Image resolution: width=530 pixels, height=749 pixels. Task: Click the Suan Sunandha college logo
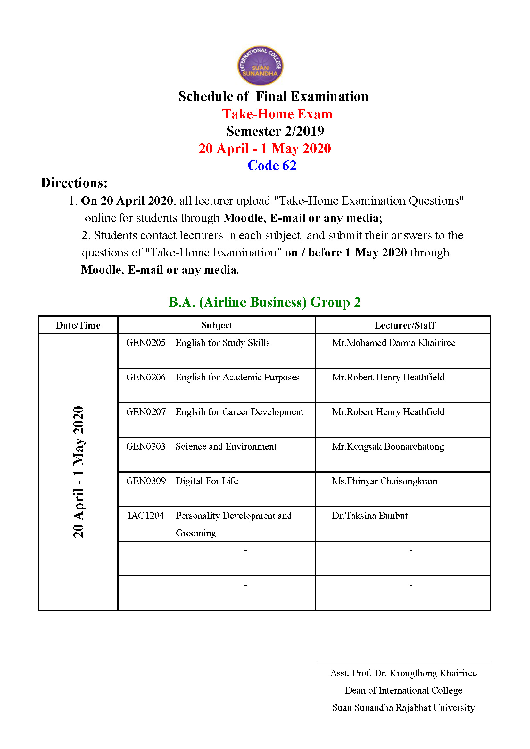pyautogui.click(x=260, y=65)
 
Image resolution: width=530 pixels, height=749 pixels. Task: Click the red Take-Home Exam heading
pyautogui.click(x=277, y=114)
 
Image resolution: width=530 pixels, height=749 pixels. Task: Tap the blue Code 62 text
pyautogui.click(x=271, y=165)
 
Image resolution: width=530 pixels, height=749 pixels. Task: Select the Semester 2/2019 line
pyautogui.click(x=275, y=131)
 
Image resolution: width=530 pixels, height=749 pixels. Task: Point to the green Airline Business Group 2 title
pyautogui.click(x=264, y=302)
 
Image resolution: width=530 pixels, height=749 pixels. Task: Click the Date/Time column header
pyautogui.click(x=78, y=325)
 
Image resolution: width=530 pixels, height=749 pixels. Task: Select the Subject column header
pyautogui.click(x=217, y=325)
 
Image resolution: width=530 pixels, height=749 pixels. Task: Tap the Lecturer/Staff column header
pyautogui.click(x=405, y=325)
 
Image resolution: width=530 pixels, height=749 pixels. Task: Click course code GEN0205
pyautogui.click(x=145, y=343)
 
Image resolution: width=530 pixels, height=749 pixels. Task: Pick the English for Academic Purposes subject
pyautogui.click(x=237, y=377)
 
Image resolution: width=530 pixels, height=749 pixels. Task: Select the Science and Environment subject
pyautogui.click(x=226, y=446)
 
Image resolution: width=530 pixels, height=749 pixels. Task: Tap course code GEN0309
pyautogui.click(x=146, y=481)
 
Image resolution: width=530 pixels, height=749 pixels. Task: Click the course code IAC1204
pyautogui.click(x=145, y=516)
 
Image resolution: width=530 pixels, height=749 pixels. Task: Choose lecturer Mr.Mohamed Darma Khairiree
pyautogui.click(x=393, y=343)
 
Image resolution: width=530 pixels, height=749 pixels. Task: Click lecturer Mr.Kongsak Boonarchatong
pyautogui.click(x=388, y=446)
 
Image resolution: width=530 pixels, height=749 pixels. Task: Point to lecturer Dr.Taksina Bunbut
pyautogui.click(x=370, y=516)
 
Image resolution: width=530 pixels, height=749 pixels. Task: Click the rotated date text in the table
pyautogui.click(x=78, y=472)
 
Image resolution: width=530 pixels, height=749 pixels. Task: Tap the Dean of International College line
pyautogui.click(x=403, y=690)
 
